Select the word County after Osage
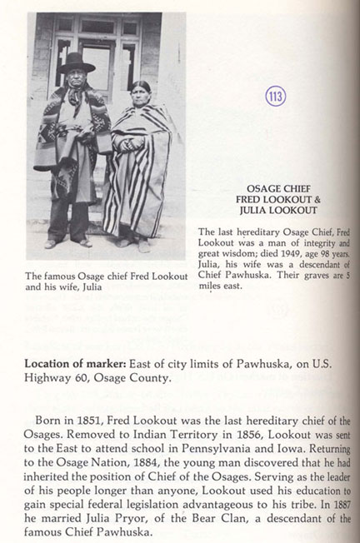[x=149, y=378]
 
